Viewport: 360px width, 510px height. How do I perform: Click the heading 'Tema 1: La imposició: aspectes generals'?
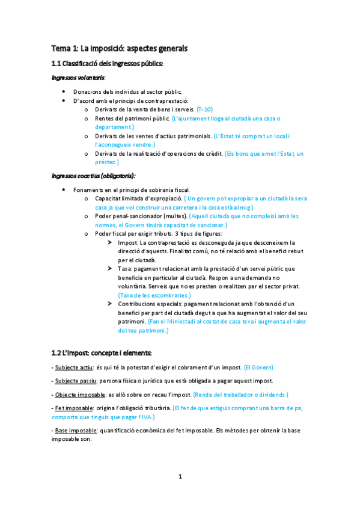(x=119, y=48)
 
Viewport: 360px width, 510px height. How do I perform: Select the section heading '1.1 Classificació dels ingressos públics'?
(x=107, y=64)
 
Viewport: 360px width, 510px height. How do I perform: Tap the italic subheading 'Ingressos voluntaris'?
(x=78, y=78)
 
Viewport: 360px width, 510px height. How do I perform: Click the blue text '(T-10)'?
(x=204, y=110)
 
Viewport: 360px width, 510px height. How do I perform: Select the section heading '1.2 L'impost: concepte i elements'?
(x=102, y=352)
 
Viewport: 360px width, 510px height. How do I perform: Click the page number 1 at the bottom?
(x=180, y=477)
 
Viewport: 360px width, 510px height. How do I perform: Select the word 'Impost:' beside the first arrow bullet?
(x=127, y=242)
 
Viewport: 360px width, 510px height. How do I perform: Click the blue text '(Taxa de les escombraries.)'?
(x=154, y=295)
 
